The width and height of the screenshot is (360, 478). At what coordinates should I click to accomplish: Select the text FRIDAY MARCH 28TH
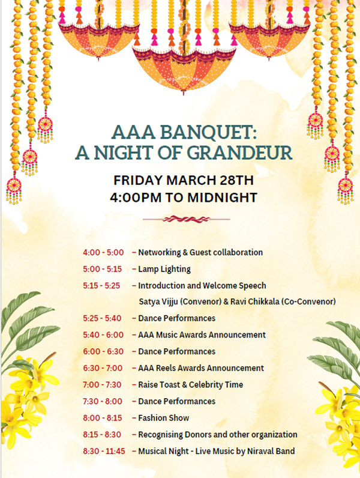[x=184, y=180]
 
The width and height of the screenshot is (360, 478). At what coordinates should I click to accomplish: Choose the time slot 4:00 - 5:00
[x=103, y=252]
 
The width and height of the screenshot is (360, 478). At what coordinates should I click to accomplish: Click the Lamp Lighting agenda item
[x=164, y=269]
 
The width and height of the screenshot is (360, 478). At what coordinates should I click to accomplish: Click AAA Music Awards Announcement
[x=202, y=335]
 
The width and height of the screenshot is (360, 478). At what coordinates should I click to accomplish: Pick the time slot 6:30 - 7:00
[x=103, y=368]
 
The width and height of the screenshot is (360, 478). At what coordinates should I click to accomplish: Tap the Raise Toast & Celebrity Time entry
[x=191, y=385]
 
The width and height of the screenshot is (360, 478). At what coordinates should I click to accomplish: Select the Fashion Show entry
[x=164, y=418]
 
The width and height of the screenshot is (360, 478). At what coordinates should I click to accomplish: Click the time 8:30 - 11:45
[x=104, y=451]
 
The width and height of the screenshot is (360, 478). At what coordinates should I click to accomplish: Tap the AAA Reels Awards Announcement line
[x=201, y=368]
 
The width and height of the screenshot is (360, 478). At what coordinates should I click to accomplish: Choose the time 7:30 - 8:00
[x=103, y=401]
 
